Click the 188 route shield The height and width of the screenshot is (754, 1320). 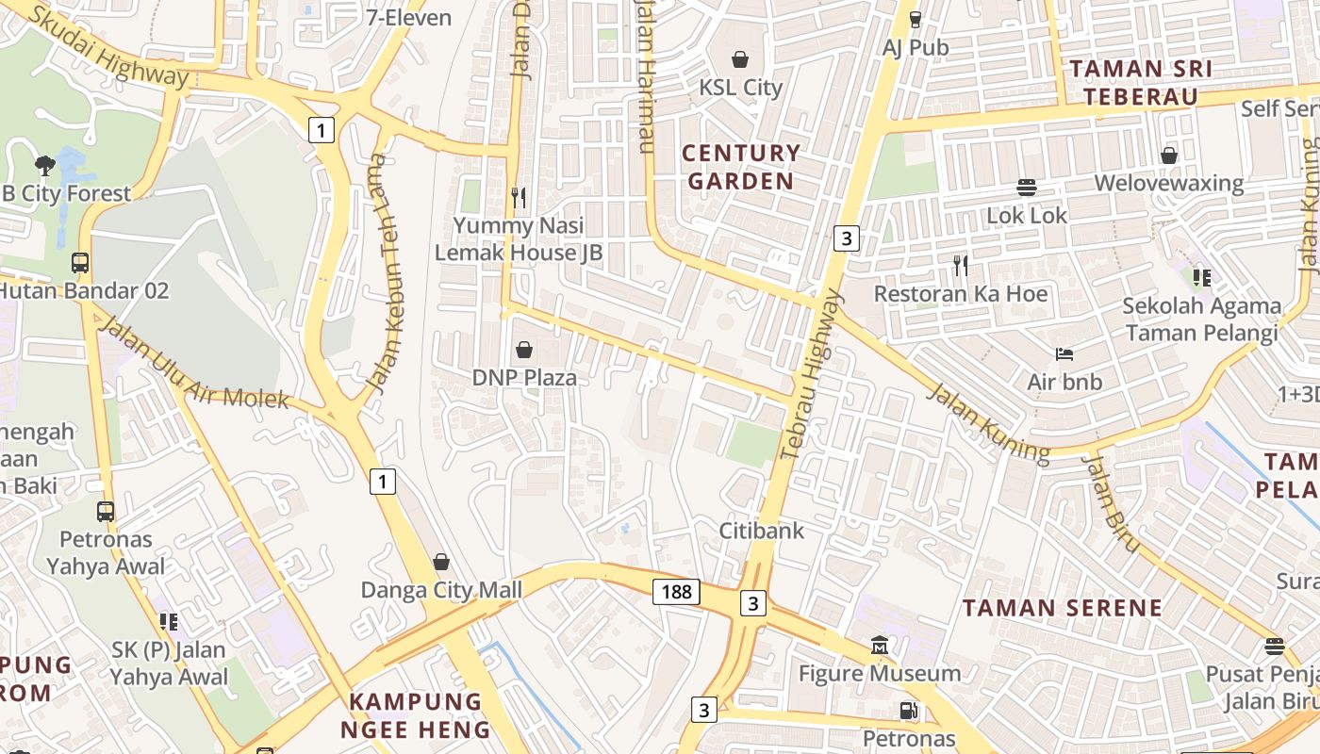(676, 592)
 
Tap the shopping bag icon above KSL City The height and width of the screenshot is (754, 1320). (740, 59)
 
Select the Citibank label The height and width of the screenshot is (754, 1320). (762, 531)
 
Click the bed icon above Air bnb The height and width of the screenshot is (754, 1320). (1064, 354)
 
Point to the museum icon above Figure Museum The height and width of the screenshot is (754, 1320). (880, 646)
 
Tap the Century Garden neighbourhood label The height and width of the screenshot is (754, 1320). (741, 167)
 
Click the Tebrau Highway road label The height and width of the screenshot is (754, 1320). (810, 375)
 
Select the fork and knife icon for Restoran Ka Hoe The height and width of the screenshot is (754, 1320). (960, 266)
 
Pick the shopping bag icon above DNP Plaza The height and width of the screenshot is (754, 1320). (524, 350)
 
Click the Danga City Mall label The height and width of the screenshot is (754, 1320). (441, 590)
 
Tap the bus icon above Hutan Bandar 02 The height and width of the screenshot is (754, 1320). (80, 262)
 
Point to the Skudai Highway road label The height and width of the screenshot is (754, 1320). (109, 45)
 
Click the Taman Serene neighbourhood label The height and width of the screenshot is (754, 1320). (1063, 608)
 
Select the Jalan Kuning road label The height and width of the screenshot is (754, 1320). (987, 421)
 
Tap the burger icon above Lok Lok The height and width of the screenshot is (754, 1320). (1027, 188)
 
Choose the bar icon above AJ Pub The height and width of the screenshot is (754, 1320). (915, 19)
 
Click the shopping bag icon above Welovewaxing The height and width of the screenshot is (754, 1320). (1169, 155)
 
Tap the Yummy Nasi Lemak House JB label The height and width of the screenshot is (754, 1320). (518, 239)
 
